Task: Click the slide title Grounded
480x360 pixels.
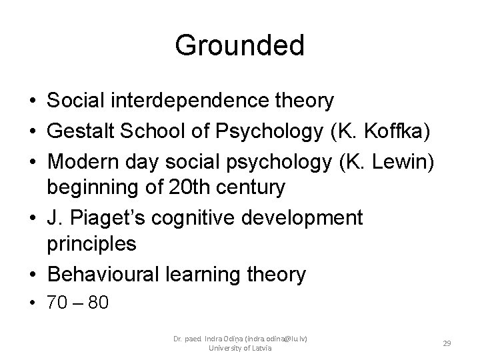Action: [x=239, y=46]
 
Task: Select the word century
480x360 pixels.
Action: [x=249, y=187]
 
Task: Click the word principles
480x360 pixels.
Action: [x=91, y=245]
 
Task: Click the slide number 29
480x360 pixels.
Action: [x=447, y=343]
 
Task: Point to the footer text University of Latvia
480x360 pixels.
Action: [x=239, y=348]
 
